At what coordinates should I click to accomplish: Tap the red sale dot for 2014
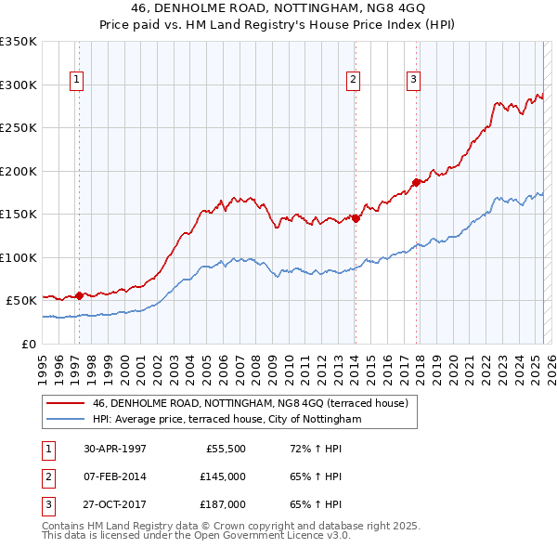pyautogui.click(x=356, y=218)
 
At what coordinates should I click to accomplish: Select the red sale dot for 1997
pyautogui.click(x=79, y=295)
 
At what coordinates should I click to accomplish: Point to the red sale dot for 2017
pyautogui.click(x=416, y=182)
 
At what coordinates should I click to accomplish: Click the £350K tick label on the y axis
pyautogui.click(x=19, y=42)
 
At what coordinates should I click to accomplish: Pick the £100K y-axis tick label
pyautogui.click(x=19, y=257)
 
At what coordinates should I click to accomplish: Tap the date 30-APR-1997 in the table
pyautogui.click(x=115, y=449)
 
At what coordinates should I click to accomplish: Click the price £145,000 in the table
pyautogui.click(x=223, y=476)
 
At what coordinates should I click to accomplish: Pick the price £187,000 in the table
pyautogui.click(x=223, y=504)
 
